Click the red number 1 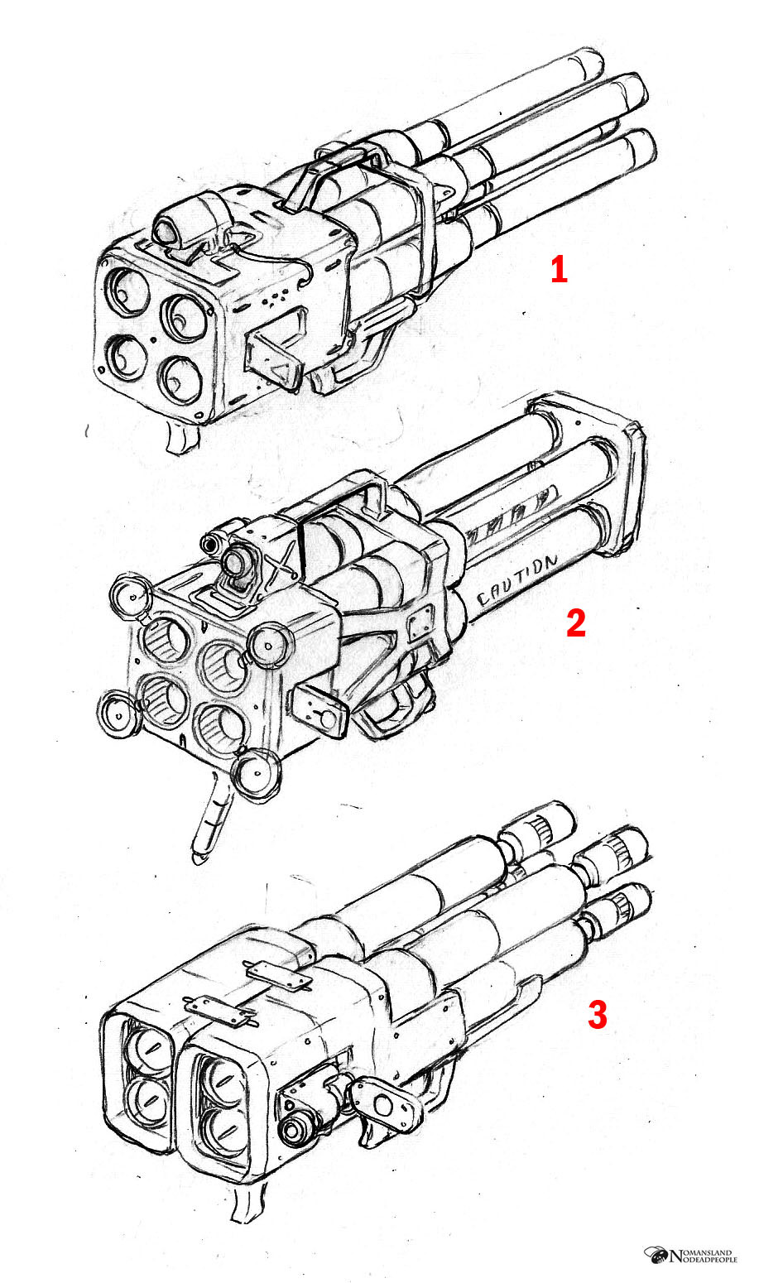(559, 269)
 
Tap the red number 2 (576, 623)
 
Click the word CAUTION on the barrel (516, 580)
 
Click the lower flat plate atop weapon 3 (219, 1011)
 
